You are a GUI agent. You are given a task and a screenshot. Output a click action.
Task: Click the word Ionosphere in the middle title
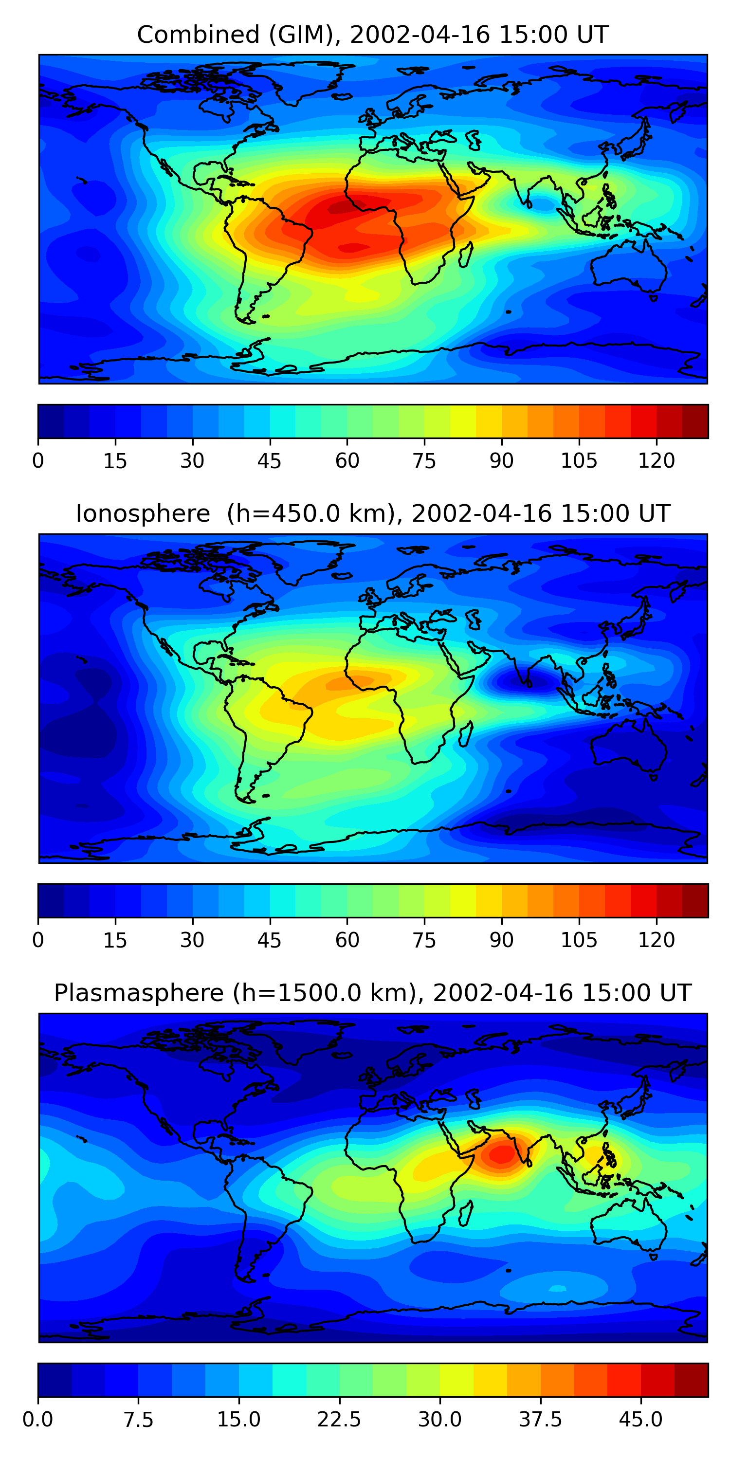click(x=143, y=513)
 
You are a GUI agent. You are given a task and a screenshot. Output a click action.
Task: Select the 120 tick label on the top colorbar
click(x=657, y=461)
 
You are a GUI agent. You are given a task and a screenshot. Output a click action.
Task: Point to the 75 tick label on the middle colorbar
click(x=424, y=940)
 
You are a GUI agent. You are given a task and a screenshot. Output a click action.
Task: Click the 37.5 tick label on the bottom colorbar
click(x=540, y=1420)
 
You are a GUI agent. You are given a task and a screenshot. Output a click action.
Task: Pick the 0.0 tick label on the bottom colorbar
click(x=38, y=1420)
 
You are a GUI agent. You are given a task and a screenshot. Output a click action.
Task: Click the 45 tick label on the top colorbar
click(x=269, y=461)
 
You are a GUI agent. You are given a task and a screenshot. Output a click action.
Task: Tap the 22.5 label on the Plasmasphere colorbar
click(x=339, y=1420)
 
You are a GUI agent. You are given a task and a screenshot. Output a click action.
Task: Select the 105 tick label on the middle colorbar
click(x=579, y=940)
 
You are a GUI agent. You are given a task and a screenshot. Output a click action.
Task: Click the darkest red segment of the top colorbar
click(x=695, y=421)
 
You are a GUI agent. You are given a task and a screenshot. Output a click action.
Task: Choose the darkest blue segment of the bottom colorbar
click(x=55, y=1380)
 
